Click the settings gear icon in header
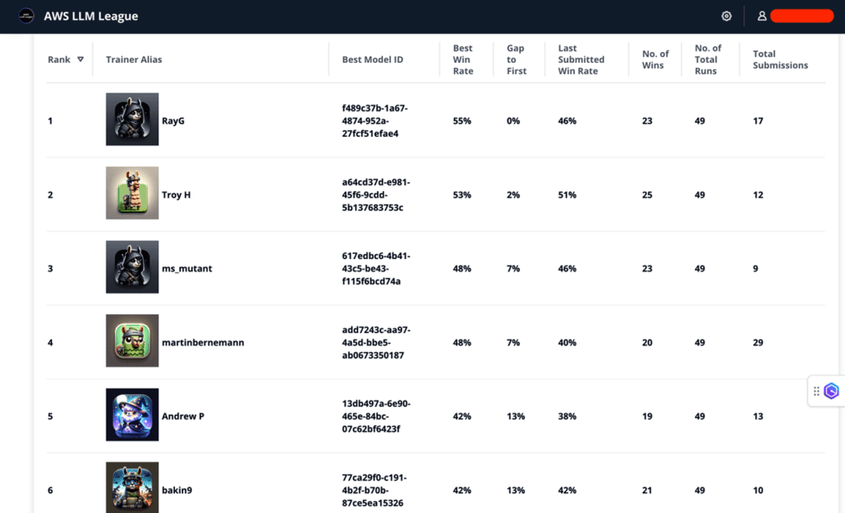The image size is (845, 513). click(726, 16)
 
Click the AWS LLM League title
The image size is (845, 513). click(91, 16)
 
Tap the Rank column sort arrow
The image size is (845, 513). click(80, 59)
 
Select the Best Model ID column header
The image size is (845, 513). click(372, 59)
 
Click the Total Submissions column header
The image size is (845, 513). click(780, 59)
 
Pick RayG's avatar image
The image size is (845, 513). click(132, 120)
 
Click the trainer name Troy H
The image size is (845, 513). click(177, 195)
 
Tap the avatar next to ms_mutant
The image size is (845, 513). click(132, 267)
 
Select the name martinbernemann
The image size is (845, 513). click(203, 342)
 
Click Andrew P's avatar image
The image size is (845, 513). click(132, 415)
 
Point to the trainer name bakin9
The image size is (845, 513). click(177, 490)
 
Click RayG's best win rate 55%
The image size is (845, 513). click(462, 121)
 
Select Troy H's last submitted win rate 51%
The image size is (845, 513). click(567, 195)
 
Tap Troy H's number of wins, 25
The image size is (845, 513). click(647, 195)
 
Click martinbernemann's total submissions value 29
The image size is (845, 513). click(758, 342)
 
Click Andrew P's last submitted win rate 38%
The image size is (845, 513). click(567, 417)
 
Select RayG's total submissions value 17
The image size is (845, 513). click(758, 121)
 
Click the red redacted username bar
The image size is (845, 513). click(801, 16)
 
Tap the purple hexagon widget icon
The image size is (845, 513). click(831, 391)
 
